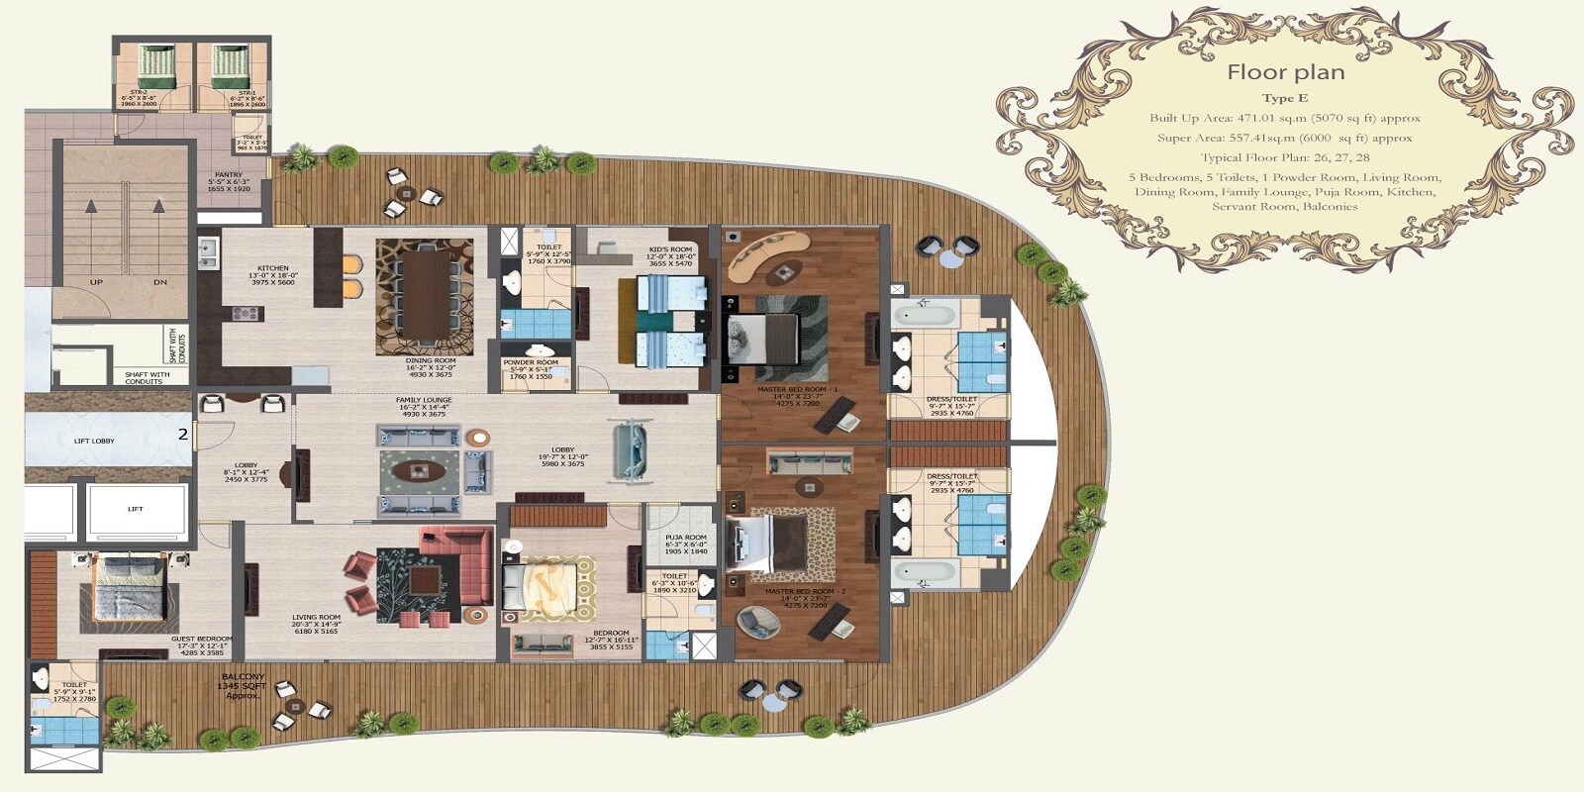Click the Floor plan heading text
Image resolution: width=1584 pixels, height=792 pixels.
[x=1285, y=72]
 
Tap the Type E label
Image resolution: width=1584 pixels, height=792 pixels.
[x=1284, y=98]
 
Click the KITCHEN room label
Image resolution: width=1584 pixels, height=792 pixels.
[x=272, y=268]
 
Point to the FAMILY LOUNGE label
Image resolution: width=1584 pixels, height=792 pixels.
[x=424, y=400]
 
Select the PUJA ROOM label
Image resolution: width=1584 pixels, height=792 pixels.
[x=686, y=538]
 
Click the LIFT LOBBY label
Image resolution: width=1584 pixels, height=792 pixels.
[x=94, y=441]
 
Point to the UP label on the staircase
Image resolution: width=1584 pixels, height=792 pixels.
[x=96, y=282]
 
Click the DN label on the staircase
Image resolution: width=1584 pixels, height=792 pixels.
[x=159, y=282]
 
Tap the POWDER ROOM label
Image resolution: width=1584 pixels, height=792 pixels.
[x=531, y=362]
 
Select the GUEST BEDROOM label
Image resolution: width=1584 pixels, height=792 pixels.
[x=202, y=639]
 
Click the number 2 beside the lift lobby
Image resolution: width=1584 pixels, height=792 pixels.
[x=182, y=434]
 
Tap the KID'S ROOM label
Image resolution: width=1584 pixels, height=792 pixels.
[x=670, y=249]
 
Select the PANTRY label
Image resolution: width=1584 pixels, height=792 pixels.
[x=229, y=175]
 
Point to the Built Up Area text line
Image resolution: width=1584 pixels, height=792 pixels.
[x=1284, y=118]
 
